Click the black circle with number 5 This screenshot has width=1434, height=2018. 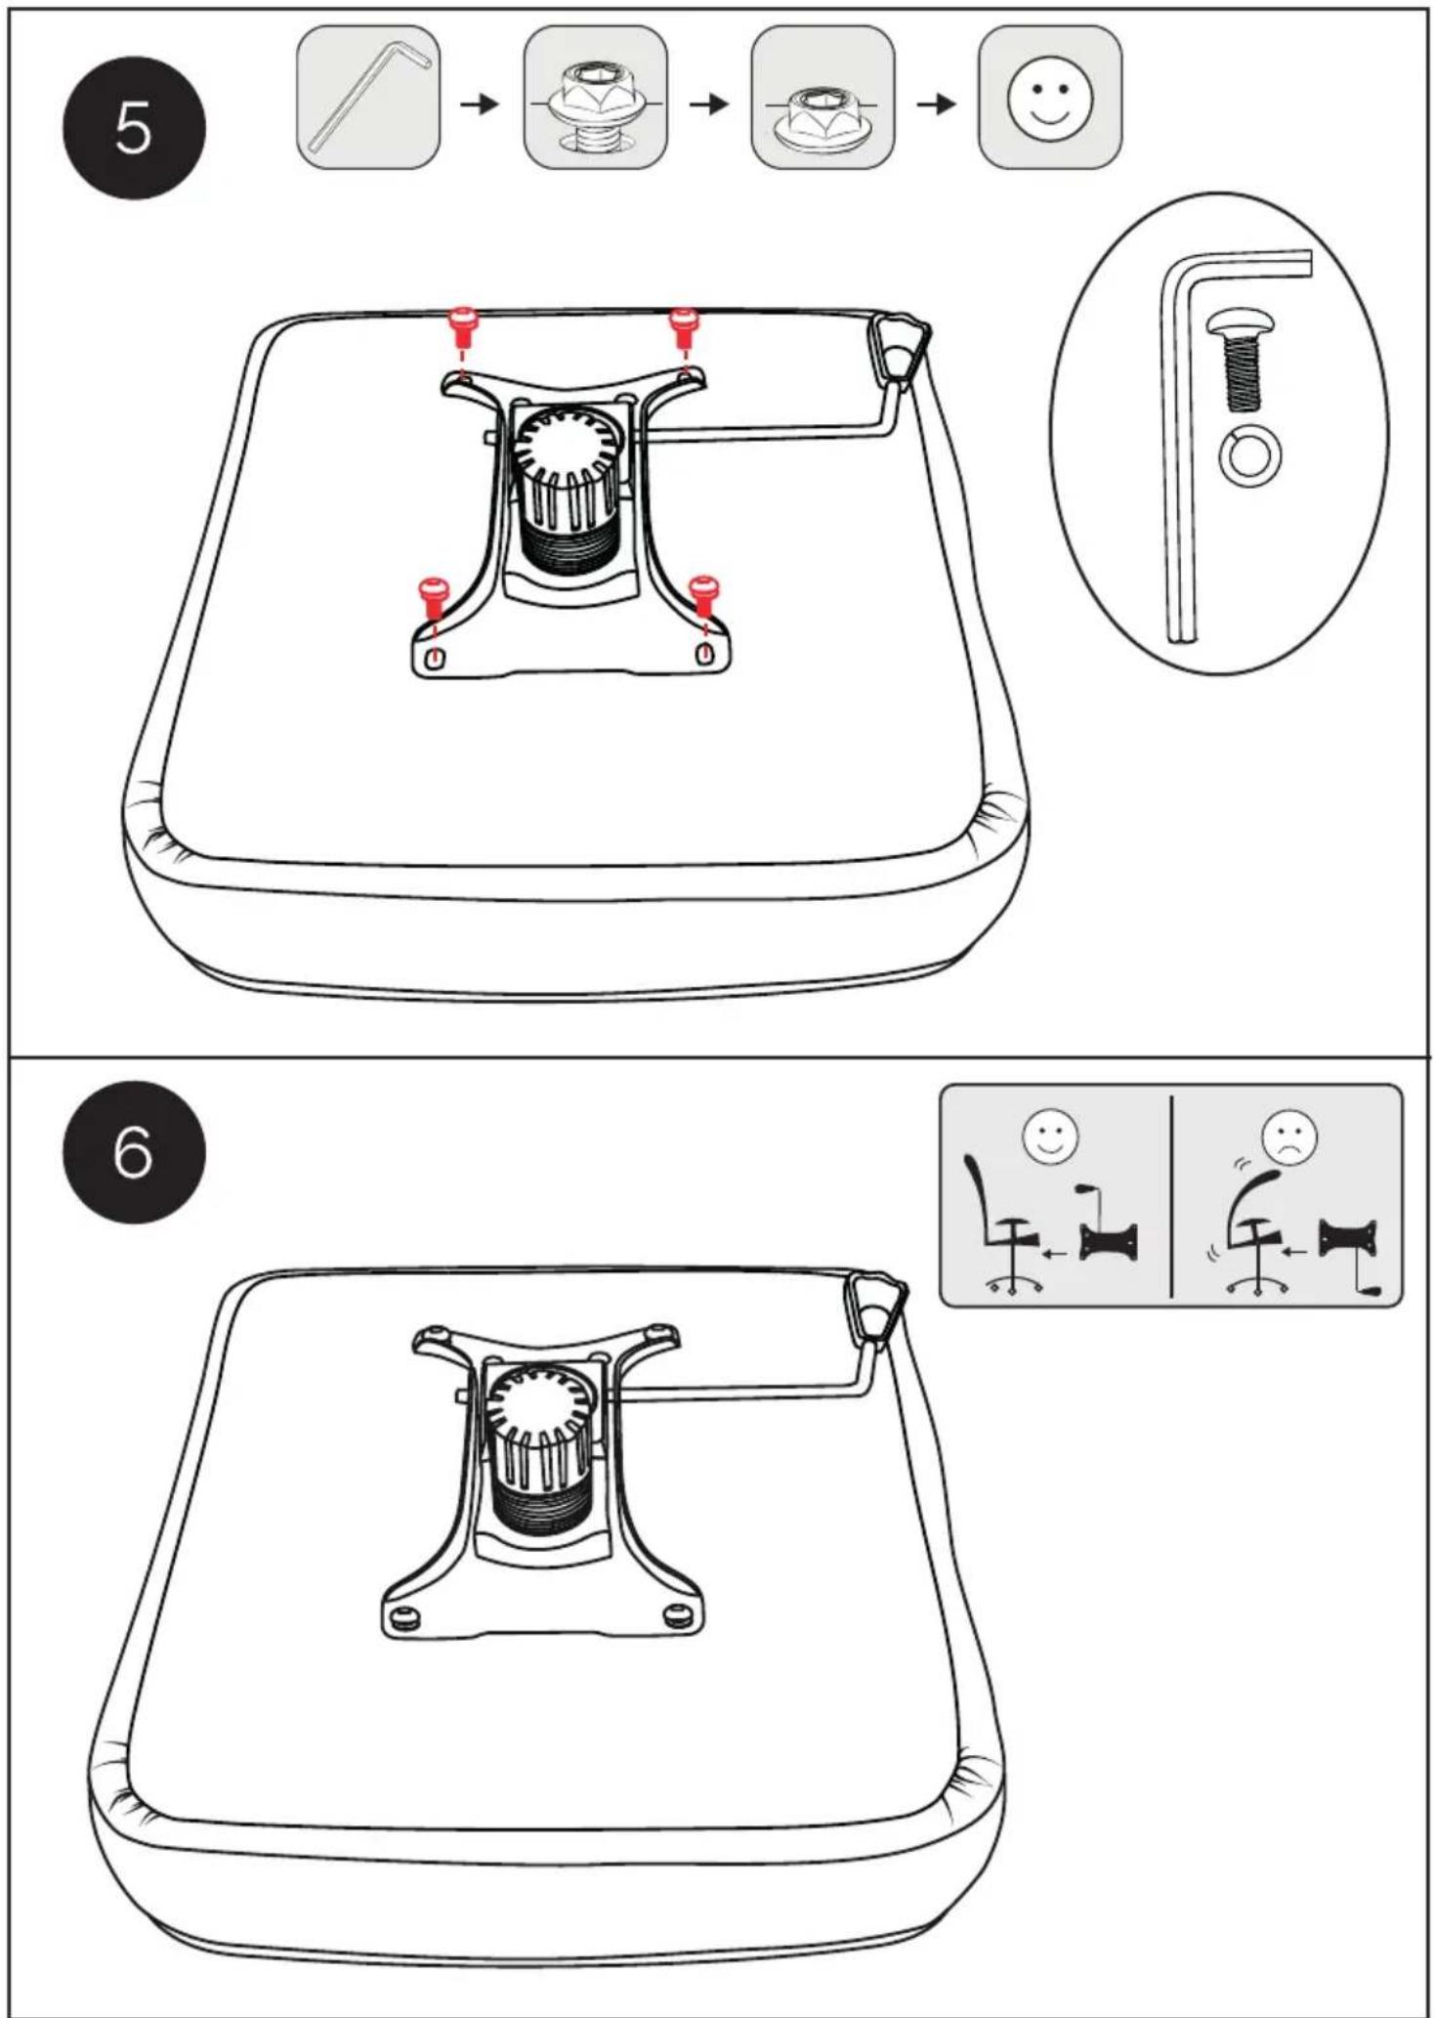click(135, 127)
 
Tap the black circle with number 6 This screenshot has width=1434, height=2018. click(135, 1152)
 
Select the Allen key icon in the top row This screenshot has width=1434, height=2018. click(368, 98)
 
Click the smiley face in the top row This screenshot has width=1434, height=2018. click(1050, 98)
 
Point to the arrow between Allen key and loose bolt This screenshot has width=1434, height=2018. click(480, 103)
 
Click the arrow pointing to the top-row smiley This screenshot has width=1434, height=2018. click(936, 103)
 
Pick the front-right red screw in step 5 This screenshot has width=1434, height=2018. click(703, 597)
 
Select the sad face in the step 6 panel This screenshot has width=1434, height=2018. click(1289, 1137)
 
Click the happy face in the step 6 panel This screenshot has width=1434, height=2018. click(1050, 1137)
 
